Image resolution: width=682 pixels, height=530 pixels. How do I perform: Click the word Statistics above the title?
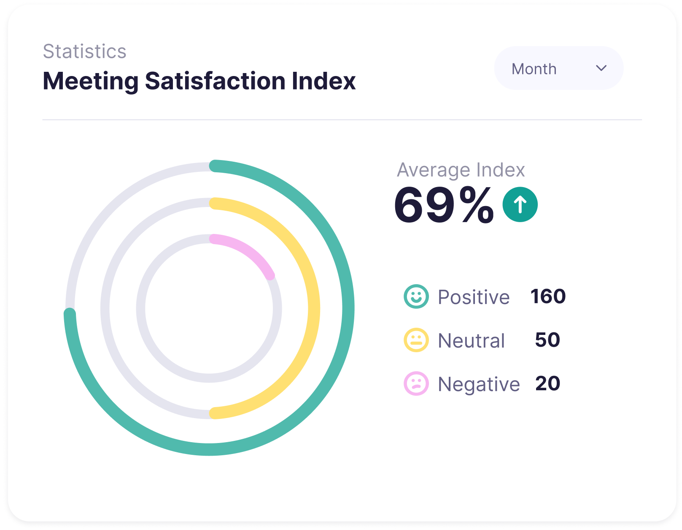(84, 52)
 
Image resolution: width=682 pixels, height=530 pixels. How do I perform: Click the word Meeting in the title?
(91, 81)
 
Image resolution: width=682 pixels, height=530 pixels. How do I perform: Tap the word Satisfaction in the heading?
(215, 81)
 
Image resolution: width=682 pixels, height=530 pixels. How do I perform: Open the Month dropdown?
(558, 68)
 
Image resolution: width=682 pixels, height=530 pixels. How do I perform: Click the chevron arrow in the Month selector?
(601, 68)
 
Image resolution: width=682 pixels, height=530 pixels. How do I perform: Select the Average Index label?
(461, 170)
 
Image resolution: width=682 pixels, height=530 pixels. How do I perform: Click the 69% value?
(443, 205)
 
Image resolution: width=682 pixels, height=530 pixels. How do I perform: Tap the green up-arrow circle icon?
(520, 204)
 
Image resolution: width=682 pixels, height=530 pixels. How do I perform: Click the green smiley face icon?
(416, 296)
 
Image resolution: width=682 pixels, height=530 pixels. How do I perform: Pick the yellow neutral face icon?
(416, 340)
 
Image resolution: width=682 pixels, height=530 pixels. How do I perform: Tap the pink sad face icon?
(416, 383)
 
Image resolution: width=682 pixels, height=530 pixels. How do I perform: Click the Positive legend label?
(474, 297)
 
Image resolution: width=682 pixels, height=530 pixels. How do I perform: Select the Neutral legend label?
(471, 340)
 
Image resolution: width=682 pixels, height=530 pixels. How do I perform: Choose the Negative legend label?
(479, 384)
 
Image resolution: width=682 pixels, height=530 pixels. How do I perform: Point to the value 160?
(548, 296)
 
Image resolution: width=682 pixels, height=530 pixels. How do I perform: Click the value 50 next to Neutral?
(547, 340)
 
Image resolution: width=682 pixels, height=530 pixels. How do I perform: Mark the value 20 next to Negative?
(547, 383)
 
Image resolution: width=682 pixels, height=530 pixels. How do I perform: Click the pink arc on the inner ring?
(249, 250)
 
